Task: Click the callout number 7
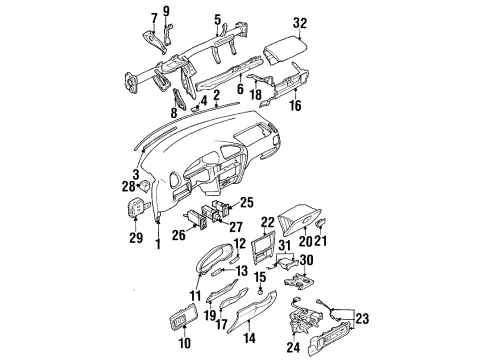point(152,17)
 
